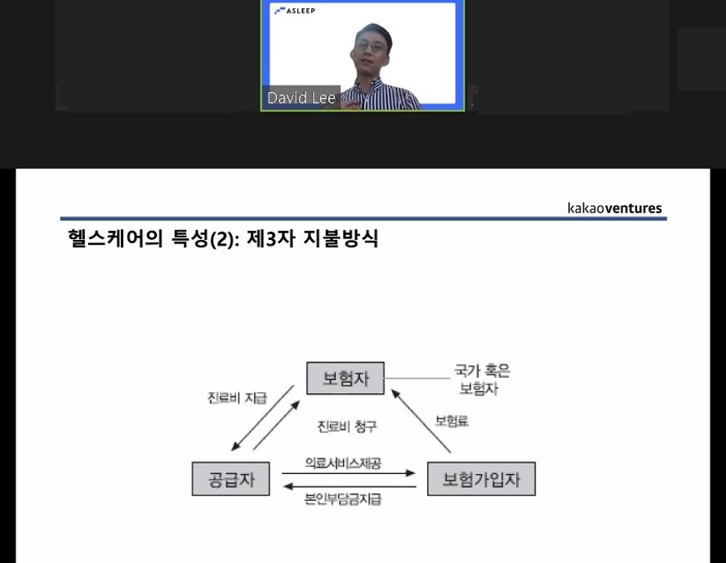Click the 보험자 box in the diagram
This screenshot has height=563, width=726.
click(x=345, y=378)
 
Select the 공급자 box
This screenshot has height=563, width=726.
click(x=230, y=479)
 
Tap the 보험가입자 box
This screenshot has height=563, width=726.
click(x=481, y=479)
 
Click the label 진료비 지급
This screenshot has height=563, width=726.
click(x=237, y=398)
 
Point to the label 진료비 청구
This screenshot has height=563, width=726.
click(x=347, y=426)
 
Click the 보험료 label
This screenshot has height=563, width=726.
click(x=452, y=421)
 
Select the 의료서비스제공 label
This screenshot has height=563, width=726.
click(x=343, y=463)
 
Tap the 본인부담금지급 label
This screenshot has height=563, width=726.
click(x=343, y=499)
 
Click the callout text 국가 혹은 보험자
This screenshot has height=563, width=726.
click(x=482, y=379)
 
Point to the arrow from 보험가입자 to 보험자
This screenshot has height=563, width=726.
click(x=421, y=421)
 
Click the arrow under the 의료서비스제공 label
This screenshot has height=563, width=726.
click(x=349, y=473)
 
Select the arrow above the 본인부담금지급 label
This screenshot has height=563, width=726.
click(x=350, y=486)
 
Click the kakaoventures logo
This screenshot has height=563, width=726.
click(x=614, y=208)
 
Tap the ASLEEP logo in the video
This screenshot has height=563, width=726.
click(x=295, y=11)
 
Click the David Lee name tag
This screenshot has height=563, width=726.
click(x=301, y=98)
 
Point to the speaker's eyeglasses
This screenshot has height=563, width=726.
click(x=371, y=47)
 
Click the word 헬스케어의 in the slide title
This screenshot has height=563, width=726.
click(x=115, y=239)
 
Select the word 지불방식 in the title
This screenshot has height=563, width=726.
click(x=341, y=239)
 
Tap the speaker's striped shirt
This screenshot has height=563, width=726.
click(x=382, y=95)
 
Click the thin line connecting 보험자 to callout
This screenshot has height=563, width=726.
click(x=417, y=379)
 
